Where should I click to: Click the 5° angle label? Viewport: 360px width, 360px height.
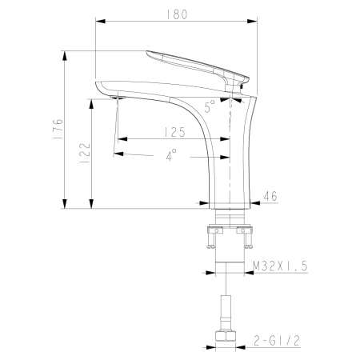click(x=209, y=106)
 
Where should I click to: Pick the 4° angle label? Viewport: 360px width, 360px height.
click(x=171, y=157)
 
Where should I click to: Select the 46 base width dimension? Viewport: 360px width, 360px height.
click(x=270, y=194)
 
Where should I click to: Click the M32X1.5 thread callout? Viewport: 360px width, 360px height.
click(x=276, y=267)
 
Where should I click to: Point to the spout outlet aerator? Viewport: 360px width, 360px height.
click(x=118, y=98)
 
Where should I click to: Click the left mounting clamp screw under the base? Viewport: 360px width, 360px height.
click(x=214, y=233)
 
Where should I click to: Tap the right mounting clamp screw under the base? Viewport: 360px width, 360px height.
click(x=247, y=233)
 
